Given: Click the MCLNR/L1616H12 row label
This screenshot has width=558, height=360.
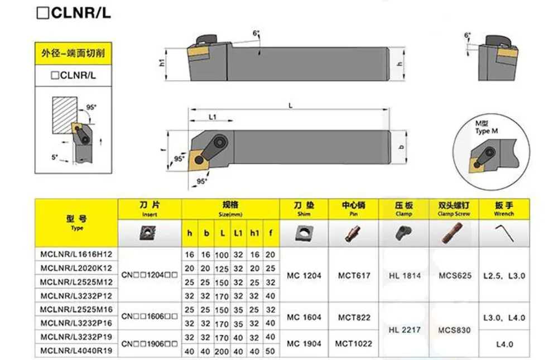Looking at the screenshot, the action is coord(76,255).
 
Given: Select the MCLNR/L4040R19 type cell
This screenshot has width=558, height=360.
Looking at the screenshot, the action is coord(76,351).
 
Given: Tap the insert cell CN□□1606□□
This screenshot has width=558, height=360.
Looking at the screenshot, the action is coord(150,316).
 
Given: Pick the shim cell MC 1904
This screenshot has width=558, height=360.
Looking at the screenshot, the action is coord(304,344).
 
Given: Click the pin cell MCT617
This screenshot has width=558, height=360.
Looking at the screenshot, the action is coord(354,275).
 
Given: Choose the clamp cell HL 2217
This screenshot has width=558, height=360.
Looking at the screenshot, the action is coord(405,330).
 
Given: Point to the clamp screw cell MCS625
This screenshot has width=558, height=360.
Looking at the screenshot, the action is coord(455,275).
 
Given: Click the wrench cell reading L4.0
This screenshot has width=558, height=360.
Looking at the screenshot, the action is coord(504,344).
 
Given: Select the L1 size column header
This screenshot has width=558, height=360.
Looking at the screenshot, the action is coord(238,233).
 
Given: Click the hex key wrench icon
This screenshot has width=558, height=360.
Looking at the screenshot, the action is coord(504,233).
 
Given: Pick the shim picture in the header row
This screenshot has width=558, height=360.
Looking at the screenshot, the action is coord(304,234).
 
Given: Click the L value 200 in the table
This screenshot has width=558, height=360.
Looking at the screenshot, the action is coord(222,352).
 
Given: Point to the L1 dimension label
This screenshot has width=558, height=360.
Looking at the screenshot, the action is coord(213,117).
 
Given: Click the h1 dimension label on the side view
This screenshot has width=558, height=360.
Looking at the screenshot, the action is coord(162,63).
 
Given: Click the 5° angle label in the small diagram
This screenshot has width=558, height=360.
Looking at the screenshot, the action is coord(55,157).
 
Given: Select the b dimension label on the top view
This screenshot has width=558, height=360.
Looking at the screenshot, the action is coord(401,147).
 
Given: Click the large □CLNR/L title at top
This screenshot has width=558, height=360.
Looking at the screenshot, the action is coord(74,13).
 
